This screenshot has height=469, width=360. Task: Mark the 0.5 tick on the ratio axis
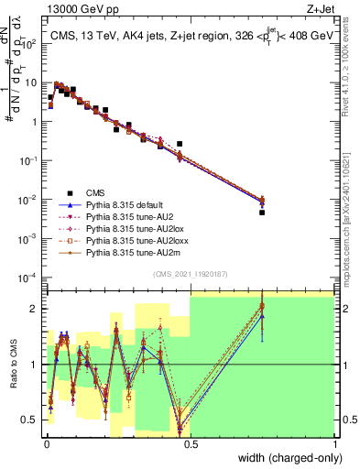pyautogui.click(x=30, y=420)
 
